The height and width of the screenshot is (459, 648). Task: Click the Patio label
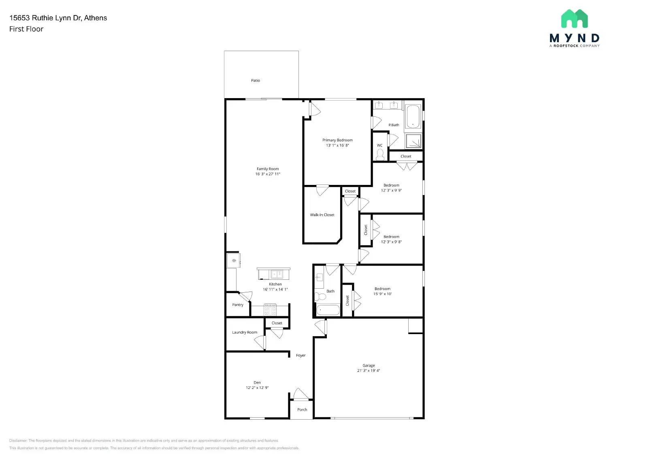click(x=255, y=80)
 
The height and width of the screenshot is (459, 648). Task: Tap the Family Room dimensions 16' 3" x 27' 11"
click(x=267, y=174)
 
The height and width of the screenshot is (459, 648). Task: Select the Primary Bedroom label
click(x=337, y=140)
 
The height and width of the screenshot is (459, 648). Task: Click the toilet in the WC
click(x=380, y=154)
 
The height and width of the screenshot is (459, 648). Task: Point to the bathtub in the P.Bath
click(x=413, y=116)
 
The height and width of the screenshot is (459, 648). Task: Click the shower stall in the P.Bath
click(x=414, y=141)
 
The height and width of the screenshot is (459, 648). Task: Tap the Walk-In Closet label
click(x=322, y=215)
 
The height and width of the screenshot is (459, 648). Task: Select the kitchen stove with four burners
click(x=270, y=310)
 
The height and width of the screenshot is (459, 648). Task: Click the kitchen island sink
click(x=277, y=274)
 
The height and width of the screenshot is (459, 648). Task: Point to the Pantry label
click(x=238, y=305)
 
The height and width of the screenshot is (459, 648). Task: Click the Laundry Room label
click(x=244, y=332)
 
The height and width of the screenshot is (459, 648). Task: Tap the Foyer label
click(x=301, y=355)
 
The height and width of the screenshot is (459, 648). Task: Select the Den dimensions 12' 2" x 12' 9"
click(x=257, y=388)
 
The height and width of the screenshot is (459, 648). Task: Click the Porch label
click(x=302, y=410)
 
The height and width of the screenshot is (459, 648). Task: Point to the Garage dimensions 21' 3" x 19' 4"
click(x=369, y=370)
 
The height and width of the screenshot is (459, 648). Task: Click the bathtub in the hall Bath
click(x=328, y=311)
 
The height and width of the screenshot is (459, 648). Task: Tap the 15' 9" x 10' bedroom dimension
click(x=382, y=294)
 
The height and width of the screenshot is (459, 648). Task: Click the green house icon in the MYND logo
click(x=574, y=19)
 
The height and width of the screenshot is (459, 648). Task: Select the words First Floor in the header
click(x=26, y=29)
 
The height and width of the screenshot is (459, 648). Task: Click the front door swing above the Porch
click(x=301, y=394)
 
